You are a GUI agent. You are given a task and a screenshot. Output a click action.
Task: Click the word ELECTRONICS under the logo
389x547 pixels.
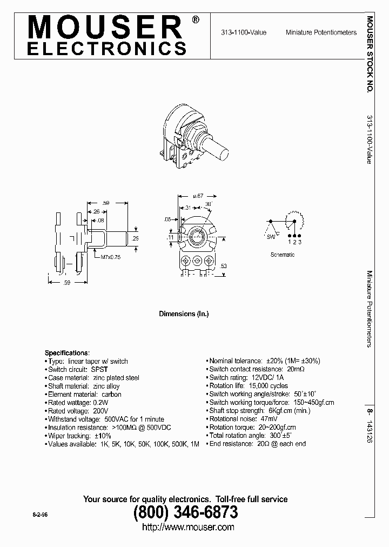pyautogui.click(x=106, y=49)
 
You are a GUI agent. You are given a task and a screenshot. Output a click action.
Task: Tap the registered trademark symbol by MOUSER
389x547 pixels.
pyautogui.click(x=195, y=19)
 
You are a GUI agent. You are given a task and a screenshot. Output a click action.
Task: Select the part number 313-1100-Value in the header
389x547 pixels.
pyautogui.click(x=243, y=32)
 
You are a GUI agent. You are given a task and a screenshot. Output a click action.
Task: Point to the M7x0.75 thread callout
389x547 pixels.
pyautogui.click(x=110, y=257)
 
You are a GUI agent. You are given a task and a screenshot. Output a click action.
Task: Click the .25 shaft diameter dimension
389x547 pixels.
pyautogui.click(x=135, y=238)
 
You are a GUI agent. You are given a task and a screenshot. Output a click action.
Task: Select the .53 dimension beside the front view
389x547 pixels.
pyautogui.click(x=223, y=265)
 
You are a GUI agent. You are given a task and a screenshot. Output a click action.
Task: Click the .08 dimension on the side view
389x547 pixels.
pyautogui.click(x=101, y=220)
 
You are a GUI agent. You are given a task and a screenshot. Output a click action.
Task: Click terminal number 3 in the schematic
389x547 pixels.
pyautogui.click(x=300, y=242)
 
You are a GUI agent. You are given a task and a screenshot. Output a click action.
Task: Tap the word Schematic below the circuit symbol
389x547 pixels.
pyautogui.click(x=283, y=255)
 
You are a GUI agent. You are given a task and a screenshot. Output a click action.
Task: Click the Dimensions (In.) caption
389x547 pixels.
pyautogui.click(x=183, y=313)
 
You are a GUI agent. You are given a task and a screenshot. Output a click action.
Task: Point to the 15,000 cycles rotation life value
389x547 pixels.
pyautogui.click(x=268, y=386)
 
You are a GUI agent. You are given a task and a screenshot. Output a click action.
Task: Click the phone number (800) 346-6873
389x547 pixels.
pyautogui.click(x=185, y=511)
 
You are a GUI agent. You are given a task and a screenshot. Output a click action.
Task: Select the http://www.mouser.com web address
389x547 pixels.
pyautogui.click(x=187, y=527)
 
